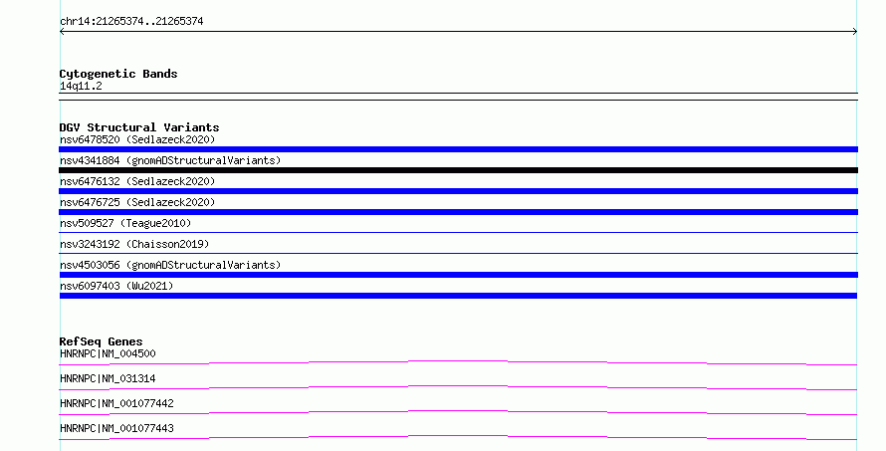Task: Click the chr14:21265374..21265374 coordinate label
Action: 131,22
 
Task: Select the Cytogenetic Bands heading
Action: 118,74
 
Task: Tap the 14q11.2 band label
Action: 81,86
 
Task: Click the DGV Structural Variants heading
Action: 139,127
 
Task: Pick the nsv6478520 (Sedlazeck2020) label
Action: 137,139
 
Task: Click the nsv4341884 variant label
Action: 170,160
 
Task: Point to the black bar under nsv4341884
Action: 458,170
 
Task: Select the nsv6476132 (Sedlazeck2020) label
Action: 137,181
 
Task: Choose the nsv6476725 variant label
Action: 137,202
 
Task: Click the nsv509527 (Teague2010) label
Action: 125,223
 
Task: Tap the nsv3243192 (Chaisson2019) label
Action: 134,244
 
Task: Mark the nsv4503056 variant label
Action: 170,265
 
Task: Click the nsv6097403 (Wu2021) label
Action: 116,286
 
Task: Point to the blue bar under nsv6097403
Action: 458,296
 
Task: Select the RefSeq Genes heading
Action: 101,341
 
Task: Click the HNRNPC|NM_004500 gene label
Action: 108,353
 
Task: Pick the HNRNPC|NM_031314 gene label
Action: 108,378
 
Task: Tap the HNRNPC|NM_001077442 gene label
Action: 116,403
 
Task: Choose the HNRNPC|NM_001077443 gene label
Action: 116,428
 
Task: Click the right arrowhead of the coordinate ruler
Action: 856,32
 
